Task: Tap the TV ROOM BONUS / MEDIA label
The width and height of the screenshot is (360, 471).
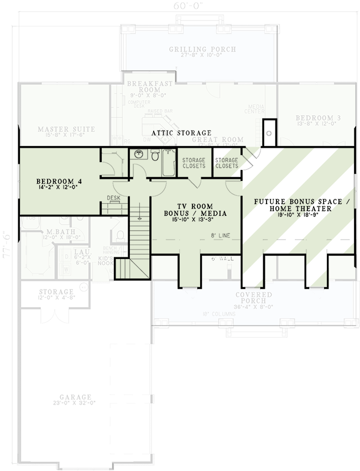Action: [189, 209]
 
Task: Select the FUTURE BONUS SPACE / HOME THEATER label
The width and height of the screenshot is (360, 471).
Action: [301, 205]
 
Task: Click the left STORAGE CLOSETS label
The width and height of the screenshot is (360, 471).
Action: [194, 163]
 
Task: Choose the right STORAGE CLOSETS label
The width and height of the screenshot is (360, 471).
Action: [227, 163]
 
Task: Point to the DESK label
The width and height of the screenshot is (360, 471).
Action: [114, 198]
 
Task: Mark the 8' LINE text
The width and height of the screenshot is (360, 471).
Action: [220, 236]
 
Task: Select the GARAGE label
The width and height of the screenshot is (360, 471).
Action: [77, 397]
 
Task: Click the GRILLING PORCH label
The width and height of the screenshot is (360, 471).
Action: [202, 49]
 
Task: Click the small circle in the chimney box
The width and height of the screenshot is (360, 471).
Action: [269, 133]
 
